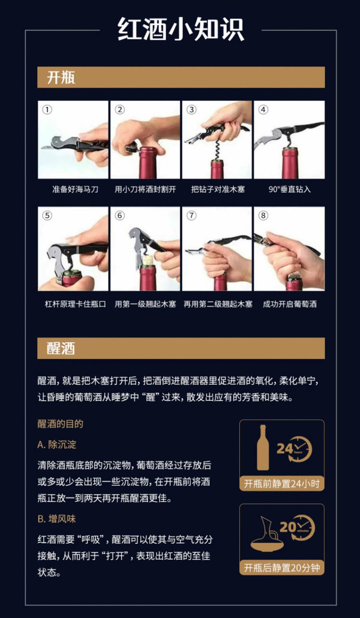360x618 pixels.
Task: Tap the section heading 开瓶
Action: (x=61, y=77)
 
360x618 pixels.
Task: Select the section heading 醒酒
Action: (x=61, y=348)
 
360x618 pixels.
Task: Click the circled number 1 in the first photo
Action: (x=47, y=110)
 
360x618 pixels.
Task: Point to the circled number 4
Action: (x=263, y=110)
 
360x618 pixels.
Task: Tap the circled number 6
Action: (x=120, y=215)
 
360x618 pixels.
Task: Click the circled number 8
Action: (x=263, y=215)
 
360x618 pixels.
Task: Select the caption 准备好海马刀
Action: (x=75, y=189)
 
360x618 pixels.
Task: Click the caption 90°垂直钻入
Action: (x=289, y=189)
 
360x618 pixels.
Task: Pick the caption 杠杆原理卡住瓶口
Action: (x=75, y=304)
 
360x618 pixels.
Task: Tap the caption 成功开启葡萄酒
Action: (x=289, y=304)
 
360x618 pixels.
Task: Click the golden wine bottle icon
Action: (x=263, y=448)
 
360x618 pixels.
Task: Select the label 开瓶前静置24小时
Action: (x=282, y=484)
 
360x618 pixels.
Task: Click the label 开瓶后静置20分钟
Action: (x=282, y=568)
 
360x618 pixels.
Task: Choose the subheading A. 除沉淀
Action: (x=57, y=444)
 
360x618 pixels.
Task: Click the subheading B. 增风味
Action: (x=57, y=519)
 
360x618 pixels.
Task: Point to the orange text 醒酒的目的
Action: (x=60, y=424)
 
